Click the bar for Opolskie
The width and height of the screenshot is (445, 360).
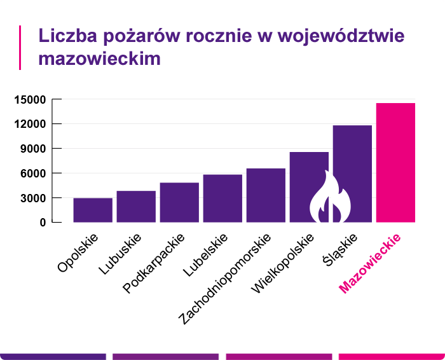click(93, 210)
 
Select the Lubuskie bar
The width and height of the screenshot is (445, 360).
click(136, 207)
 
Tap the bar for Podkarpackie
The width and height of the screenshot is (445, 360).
click(179, 202)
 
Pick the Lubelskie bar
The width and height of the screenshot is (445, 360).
click(222, 198)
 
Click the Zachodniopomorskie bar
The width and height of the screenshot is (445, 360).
click(266, 195)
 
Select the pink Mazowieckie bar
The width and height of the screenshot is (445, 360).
click(395, 162)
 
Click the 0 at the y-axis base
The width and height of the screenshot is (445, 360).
click(43, 223)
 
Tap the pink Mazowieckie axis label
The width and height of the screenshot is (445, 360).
click(370, 265)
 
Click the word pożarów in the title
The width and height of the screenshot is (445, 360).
click(120, 35)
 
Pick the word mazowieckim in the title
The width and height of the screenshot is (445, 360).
click(99, 58)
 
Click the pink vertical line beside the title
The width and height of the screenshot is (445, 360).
click(20, 47)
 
